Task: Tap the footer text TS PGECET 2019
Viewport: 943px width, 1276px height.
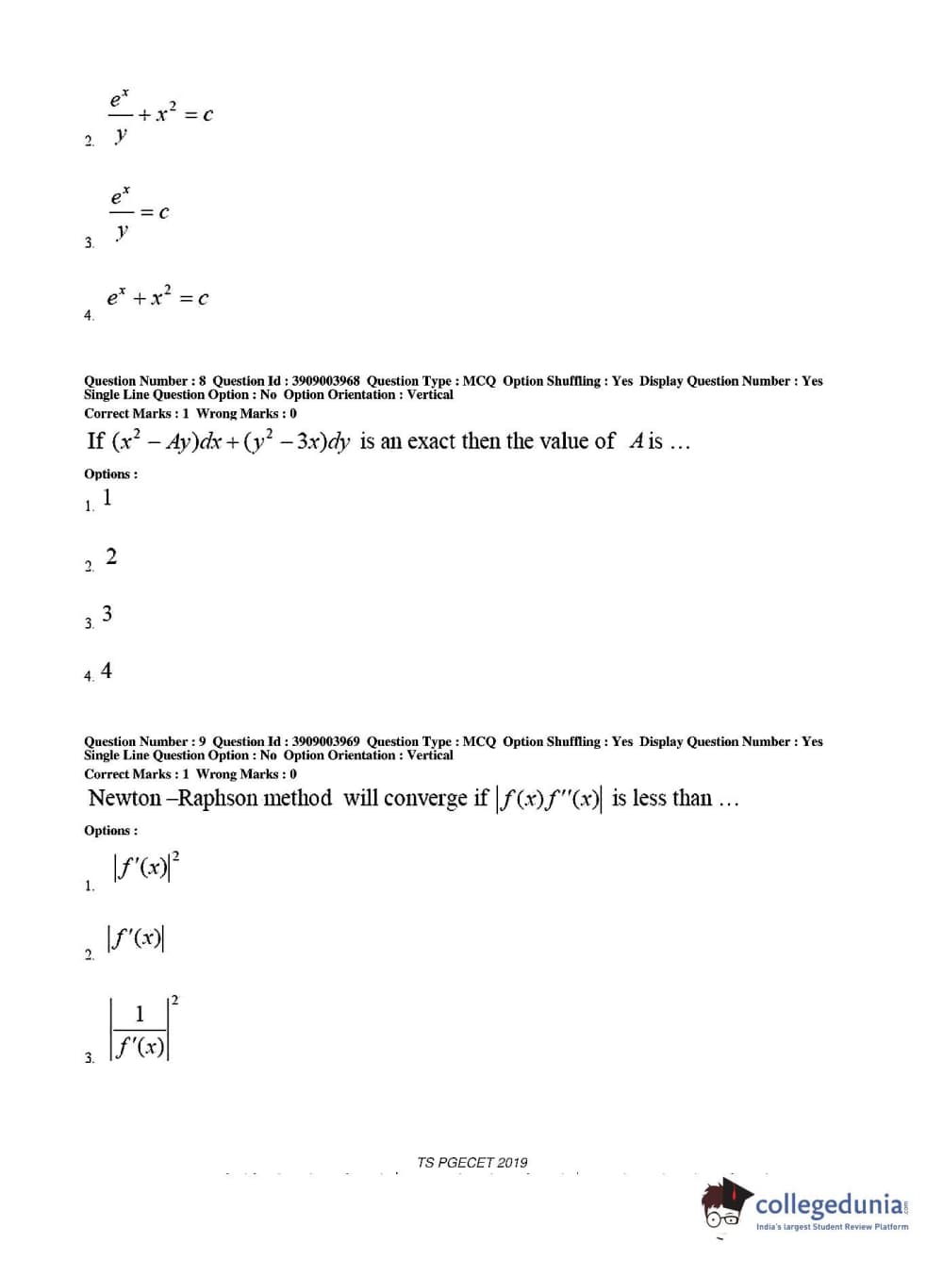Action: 472,1162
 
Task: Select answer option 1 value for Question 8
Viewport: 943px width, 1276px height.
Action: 108,497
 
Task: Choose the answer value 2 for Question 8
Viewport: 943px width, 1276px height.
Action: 111,556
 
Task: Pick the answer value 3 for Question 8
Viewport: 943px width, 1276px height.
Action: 108,614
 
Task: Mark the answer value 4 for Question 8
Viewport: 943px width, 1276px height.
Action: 107,671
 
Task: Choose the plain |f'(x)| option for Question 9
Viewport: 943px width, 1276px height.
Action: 138,938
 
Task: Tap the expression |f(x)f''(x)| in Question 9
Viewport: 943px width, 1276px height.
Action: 549,799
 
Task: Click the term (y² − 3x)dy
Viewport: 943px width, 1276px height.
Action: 296,441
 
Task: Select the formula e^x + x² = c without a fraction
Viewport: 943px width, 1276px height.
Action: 157,297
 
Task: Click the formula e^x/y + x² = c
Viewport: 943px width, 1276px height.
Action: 160,116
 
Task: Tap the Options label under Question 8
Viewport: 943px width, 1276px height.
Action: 110,473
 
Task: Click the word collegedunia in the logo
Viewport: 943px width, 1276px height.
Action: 829,1204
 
